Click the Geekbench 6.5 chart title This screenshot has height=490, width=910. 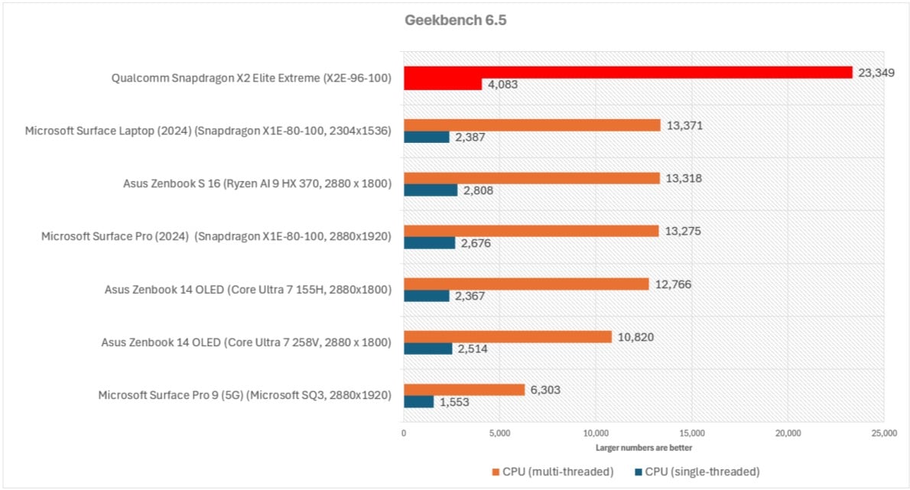(x=455, y=21)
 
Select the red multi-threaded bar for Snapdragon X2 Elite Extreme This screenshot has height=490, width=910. (x=627, y=72)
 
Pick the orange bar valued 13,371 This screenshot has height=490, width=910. (x=531, y=125)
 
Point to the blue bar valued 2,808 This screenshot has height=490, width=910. (x=430, y=190)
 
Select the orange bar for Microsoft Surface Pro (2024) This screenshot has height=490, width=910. (x=531, y=231)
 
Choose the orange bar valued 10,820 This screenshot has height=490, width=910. (x=508, y=336)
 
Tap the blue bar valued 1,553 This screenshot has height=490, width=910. (x=418, y=401)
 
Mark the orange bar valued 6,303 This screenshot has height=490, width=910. (x=464, y=389)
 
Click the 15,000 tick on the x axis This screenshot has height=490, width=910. (x=691, y=433)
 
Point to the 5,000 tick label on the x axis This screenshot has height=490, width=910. (x=499, y=433)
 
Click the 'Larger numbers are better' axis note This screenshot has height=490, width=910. (x=644, y=447)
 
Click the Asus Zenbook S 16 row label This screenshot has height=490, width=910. (x=257, y=183)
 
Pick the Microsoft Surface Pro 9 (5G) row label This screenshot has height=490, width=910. (x=245, y=395)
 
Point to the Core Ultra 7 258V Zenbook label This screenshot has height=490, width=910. (x=246, y=342)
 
